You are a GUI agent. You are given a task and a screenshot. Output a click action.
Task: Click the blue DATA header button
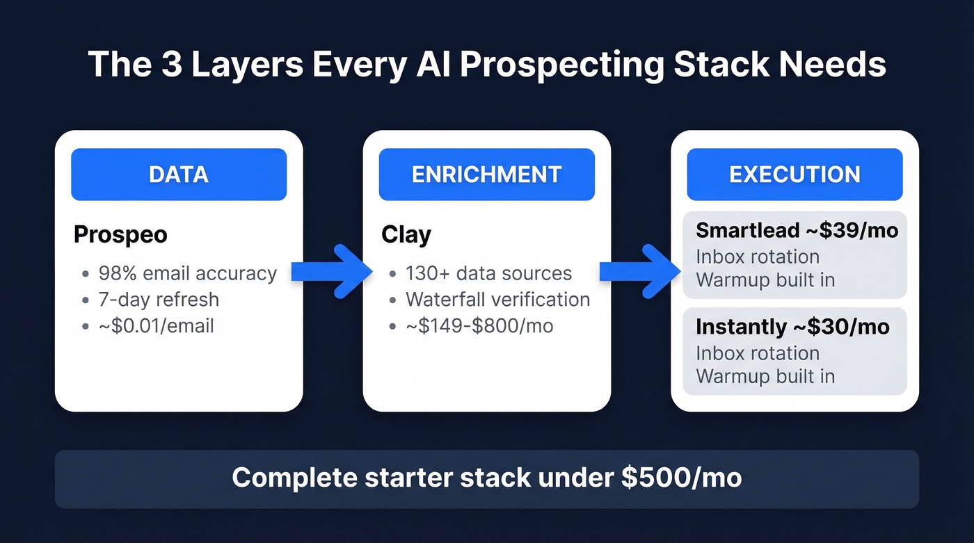(x=179, y=175)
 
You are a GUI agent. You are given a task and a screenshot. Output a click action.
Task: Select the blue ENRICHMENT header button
(x=486, y=175)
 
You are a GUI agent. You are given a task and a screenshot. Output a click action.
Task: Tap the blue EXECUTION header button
(x=795, y=175)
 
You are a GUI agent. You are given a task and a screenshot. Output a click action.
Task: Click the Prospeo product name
(x=120, y=235)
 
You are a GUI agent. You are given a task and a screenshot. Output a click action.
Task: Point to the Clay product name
(x=406, y=235)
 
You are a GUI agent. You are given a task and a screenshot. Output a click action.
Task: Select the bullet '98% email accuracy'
(x=187, y=273)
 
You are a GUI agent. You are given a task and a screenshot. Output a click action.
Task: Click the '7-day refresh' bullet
(x=159, y=300)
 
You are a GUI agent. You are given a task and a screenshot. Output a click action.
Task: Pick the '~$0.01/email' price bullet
(x=157, y=325)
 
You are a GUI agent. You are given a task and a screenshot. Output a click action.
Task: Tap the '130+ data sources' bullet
(x=488, y=273)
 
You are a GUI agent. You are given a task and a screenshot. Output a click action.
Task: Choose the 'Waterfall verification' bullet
(x=497, y=300)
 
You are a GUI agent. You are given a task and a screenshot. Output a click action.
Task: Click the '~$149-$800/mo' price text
(x=479, y=325)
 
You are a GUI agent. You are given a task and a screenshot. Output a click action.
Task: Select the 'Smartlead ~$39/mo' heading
(x=797, y=230)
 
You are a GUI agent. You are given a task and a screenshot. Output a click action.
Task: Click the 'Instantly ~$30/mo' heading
(x=792, y=327)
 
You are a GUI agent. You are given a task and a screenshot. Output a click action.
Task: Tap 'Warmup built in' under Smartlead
(x=765, y=280)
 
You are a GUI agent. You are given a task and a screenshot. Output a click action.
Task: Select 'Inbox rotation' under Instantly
(x=758, y=352)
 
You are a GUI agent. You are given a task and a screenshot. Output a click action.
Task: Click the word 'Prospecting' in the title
(x=561, y=65)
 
